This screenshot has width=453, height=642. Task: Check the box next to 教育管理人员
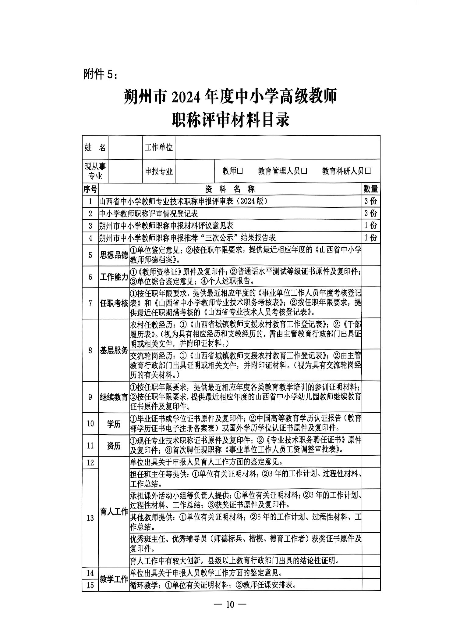pos(304,171)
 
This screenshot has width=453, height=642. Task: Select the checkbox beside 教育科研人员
pos(368,171)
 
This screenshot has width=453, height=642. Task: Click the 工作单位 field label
pos(158,148)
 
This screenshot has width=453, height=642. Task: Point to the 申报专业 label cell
pos(158,171)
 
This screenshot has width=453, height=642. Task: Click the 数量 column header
pos(370,189)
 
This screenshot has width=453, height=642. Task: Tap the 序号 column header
pos(90,189)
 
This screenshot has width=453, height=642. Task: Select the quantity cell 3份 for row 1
pos(370,201)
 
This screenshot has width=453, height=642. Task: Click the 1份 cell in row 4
pos(370,237)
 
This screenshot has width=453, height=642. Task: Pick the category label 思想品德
pos(114,255)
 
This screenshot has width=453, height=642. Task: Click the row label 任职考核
pos(114,303)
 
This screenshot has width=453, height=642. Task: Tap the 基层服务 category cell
pos(114,350)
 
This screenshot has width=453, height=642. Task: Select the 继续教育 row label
pos(114,397)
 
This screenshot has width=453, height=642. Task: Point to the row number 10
pos(90,423)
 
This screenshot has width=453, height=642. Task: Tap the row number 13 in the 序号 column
pos(90,518)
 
